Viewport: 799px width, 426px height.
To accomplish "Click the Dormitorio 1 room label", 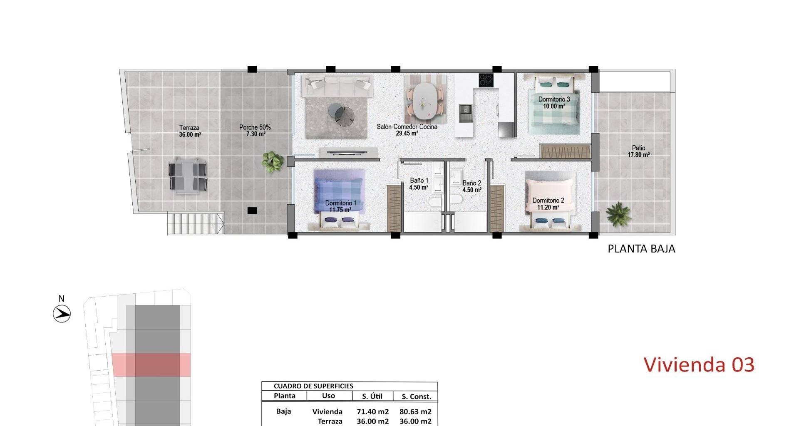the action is click(x=341, y=203).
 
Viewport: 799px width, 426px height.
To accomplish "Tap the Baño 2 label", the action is click(x=471, y=183).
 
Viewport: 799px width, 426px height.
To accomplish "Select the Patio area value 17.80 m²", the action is click(x=638, y=155).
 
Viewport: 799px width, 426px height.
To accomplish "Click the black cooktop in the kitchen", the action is click(x=486, y=80).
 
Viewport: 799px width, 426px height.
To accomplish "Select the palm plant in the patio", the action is click(x=619, y=214).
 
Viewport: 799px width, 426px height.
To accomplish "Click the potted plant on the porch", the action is click(x=273, y=161).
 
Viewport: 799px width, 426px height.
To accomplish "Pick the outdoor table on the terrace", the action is click(x=188, y=175).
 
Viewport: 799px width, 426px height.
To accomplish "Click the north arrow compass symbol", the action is click(x=62, y=314).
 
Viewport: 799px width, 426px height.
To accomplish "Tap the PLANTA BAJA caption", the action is click(x=641, y=249).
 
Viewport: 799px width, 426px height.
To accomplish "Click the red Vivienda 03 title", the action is click(x=699, y=364).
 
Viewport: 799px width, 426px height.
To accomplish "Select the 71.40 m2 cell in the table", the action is click(x=373, y=412).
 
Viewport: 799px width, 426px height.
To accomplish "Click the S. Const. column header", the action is click(x=415, y=396).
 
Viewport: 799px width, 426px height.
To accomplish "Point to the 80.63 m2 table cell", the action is click(x=415, y=412).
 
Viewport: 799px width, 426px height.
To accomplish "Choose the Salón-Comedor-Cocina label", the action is click(x=407, y=126).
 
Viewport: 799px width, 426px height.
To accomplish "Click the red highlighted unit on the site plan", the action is click(x=151, y=365).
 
